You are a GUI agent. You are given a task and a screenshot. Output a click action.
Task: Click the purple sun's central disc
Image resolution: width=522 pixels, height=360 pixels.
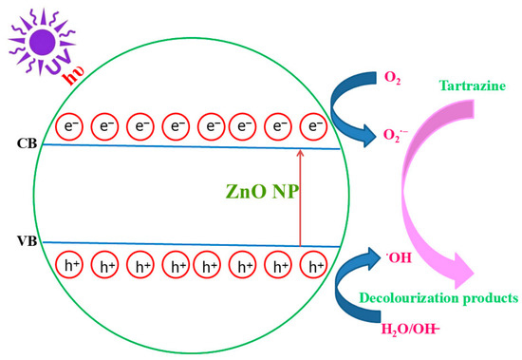pyautogui.click(x=42, y=42)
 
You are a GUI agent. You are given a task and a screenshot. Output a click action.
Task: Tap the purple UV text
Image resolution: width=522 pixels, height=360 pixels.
pyautogui.click(x=59, y=62)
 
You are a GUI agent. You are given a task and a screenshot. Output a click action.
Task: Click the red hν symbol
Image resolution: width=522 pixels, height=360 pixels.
pyautogui.click(x=74, y=76)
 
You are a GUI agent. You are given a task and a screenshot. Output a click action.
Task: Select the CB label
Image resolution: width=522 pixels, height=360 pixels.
pyautogui.click(x=27, y=143)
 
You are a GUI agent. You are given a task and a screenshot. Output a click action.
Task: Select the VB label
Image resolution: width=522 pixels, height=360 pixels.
pyautogui.click(x=27, y=240)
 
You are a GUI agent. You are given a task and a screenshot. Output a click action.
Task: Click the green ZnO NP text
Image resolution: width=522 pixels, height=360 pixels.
pyautogui.click(x=261, y=191)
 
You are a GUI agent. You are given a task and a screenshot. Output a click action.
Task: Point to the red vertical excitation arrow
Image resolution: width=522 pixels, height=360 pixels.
pyautogui.click(x=300, y=198)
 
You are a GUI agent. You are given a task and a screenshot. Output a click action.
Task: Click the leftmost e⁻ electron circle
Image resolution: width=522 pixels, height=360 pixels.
pyautogui.click(x=69, y=126)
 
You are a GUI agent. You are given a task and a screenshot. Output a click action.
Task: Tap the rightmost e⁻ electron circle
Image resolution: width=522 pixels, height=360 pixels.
pyautogui.click(x=313, y=126)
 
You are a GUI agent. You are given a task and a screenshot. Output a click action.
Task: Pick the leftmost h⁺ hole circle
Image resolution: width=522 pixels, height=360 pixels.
pyautogui.click(x=69, y=265)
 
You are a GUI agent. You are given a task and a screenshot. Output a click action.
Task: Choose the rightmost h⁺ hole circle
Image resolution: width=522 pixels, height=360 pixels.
pyautogui.click(x=313, y=265)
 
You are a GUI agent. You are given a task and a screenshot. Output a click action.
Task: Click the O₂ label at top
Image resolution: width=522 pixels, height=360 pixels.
pyautogui.click(x=392, y=78)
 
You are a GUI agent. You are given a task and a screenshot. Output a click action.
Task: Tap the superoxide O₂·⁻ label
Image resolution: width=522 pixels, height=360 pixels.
pyautogui.click(x=395, y=135)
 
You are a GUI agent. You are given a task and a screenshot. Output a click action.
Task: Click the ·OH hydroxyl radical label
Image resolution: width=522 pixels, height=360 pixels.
pyautogui.click(x=399, y=257)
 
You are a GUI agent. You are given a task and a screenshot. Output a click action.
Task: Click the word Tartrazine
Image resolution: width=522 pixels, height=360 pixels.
pyautogui.click(x=473, y=85)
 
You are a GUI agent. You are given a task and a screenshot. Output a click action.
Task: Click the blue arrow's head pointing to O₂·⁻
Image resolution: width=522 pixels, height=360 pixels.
pyautogui.click(x=368, y=136)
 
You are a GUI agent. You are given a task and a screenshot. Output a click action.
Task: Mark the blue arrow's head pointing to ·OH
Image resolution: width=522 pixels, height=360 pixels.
pyautogui.click(x=371, y=258)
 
